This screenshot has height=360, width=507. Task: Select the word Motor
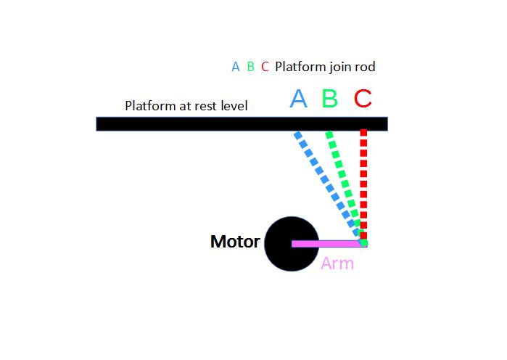click(x=235, y=242)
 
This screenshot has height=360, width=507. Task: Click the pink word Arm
click(x=337, y=263)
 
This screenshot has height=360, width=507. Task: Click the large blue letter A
click(x=298, y=99)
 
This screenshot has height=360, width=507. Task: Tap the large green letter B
click(x=329, y=99)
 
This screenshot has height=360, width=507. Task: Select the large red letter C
click(x=363, y=99)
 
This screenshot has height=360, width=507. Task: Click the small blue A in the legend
click(x=235, y=67)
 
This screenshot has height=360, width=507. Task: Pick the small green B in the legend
click(x=250, y=67)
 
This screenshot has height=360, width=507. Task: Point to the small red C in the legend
click(x=265, y=67)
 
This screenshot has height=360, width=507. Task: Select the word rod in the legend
click(x=366, y=67)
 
